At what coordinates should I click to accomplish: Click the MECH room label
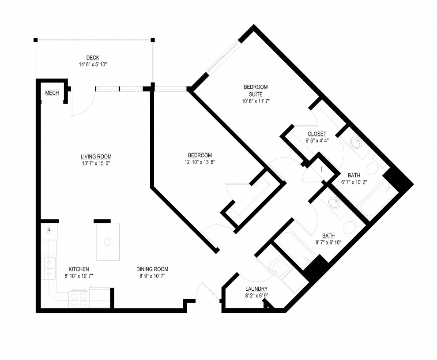pyautogui.click(x=52, y=93)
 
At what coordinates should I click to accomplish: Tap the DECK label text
pyautogui.click(x=93, y=58)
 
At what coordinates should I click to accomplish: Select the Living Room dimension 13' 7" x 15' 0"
pyautogui.click(x=96, y=164)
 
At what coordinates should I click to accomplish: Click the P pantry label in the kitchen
pyautogui.click(x=49, y=231)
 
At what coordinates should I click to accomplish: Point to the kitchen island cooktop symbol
pyautogui.click(x=107, y=242)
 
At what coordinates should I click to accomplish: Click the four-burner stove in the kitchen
pyautogui.click(x=79, y=299)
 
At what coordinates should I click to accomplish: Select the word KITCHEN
pyautogui.click(x=79, y=269)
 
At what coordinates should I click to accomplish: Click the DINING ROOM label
pyautogui.click(x=152, y=269)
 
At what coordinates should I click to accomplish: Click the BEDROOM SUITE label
pyautogui.click(x=256, y=90)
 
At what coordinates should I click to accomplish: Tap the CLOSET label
pyautogui.click(x=317, y=134)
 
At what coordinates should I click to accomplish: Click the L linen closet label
pyautogui.click(x=322, y=169)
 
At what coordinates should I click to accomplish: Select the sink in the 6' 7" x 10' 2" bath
pyautogui.click(x=356, y=143)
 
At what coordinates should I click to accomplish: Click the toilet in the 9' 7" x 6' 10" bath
pyautogui.click(x=349, y=227)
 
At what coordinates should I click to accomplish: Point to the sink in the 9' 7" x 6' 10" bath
pyautogui.click(x=334, y=203)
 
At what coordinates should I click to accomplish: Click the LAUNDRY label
pyautogui.click(x=256, y=289)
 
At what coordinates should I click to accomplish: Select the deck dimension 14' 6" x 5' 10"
pyautogui.click(x=93, y=65)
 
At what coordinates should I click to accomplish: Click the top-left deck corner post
pyautogui.click(x=35, y=40)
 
